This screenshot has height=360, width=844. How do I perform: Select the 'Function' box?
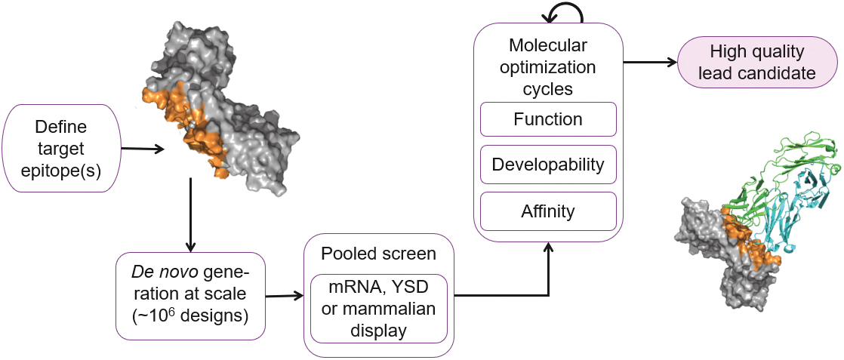(x=548, y=119)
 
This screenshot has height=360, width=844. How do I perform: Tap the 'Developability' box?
(x=548, y=164)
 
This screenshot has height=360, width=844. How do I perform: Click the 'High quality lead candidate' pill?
(x=757, y=63)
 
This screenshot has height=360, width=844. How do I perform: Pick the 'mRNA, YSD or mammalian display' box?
(x=379, y=308)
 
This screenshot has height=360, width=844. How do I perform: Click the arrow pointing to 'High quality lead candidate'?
(x=649, y=63)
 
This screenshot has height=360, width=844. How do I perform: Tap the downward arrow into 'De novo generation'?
(x=190, y=215)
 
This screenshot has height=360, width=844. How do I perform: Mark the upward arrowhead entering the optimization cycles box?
(x=549, y=249)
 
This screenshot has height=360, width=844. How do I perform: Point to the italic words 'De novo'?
(x=156, y=271)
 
